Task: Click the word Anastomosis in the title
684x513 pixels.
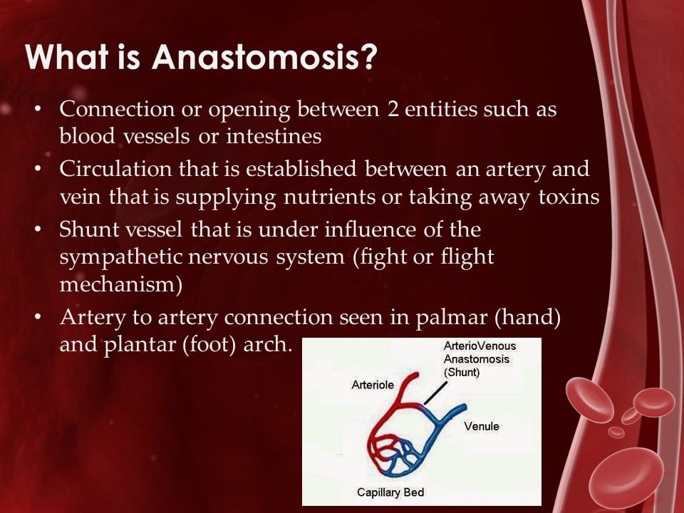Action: (x=256, y=57)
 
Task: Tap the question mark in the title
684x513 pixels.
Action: (x=368, y=57)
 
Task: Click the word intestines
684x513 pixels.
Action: (x=274, y=136)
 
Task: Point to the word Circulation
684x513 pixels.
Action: (x=115, y=169)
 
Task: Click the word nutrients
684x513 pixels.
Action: (x=329, y=197)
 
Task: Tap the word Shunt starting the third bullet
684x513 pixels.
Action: (x=88, y=229)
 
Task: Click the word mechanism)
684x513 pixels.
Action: (x=121, y=285)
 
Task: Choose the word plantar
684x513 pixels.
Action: (x=140, y=346)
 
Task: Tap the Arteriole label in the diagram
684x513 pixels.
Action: (x=373, y=385)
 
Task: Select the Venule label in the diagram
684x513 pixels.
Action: (x=482, y=426)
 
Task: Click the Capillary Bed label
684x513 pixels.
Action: (x=390, y=492)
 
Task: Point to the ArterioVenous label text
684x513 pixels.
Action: (x=480, y=346)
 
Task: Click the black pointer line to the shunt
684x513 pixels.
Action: (x=435, y=393)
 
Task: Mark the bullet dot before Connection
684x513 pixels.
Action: (x=38, y=108)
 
